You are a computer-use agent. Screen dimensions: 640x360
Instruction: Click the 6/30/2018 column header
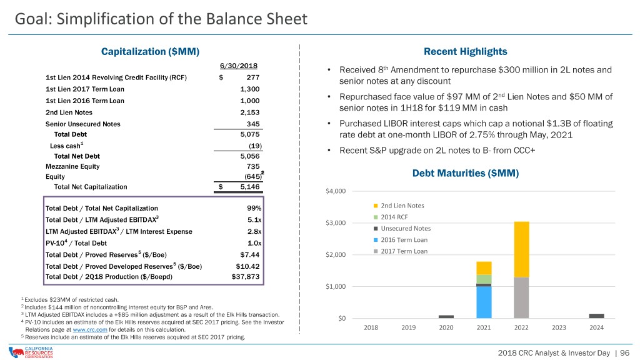click(x=238, y=66)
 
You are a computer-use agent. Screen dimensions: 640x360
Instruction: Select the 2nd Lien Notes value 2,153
click(x=250, y=112)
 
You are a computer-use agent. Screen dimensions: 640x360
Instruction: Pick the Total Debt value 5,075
click(x=250, y=134)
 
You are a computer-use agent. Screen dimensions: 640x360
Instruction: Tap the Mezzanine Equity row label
click(x=72, y=166)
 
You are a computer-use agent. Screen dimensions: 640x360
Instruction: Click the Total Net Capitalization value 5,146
click(x=250, y=187)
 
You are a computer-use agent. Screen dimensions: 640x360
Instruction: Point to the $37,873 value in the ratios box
click(x=246, y=277)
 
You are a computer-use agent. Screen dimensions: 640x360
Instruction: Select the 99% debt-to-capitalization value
click(x=254, y=208)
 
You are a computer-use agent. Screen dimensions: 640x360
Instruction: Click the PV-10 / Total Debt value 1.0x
click(x=254, y=243)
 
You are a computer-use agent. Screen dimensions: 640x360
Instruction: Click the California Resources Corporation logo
click(x=31, y=352)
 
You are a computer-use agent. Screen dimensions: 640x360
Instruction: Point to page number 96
click(x=625, y=353)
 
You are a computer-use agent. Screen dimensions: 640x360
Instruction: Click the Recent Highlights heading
click(x=465, y=51)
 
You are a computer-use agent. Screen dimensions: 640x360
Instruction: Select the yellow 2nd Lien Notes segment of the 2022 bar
click(x=521, y=249)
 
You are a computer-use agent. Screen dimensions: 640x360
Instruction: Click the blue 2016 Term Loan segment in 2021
click(x=484, y=302)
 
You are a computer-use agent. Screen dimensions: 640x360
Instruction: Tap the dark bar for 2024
click(x=596, y=316)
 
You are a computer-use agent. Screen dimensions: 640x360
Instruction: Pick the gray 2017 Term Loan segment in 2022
click(x=521, y=298)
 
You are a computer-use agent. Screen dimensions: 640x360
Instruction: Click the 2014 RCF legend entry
click(x=391, y=217)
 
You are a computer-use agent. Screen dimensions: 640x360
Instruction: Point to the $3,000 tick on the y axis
click(x=336, y=223)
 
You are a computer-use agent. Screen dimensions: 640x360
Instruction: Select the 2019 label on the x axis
click(x=409, y=327)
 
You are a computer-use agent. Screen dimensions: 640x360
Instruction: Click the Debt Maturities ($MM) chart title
click(x=465, y=173)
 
